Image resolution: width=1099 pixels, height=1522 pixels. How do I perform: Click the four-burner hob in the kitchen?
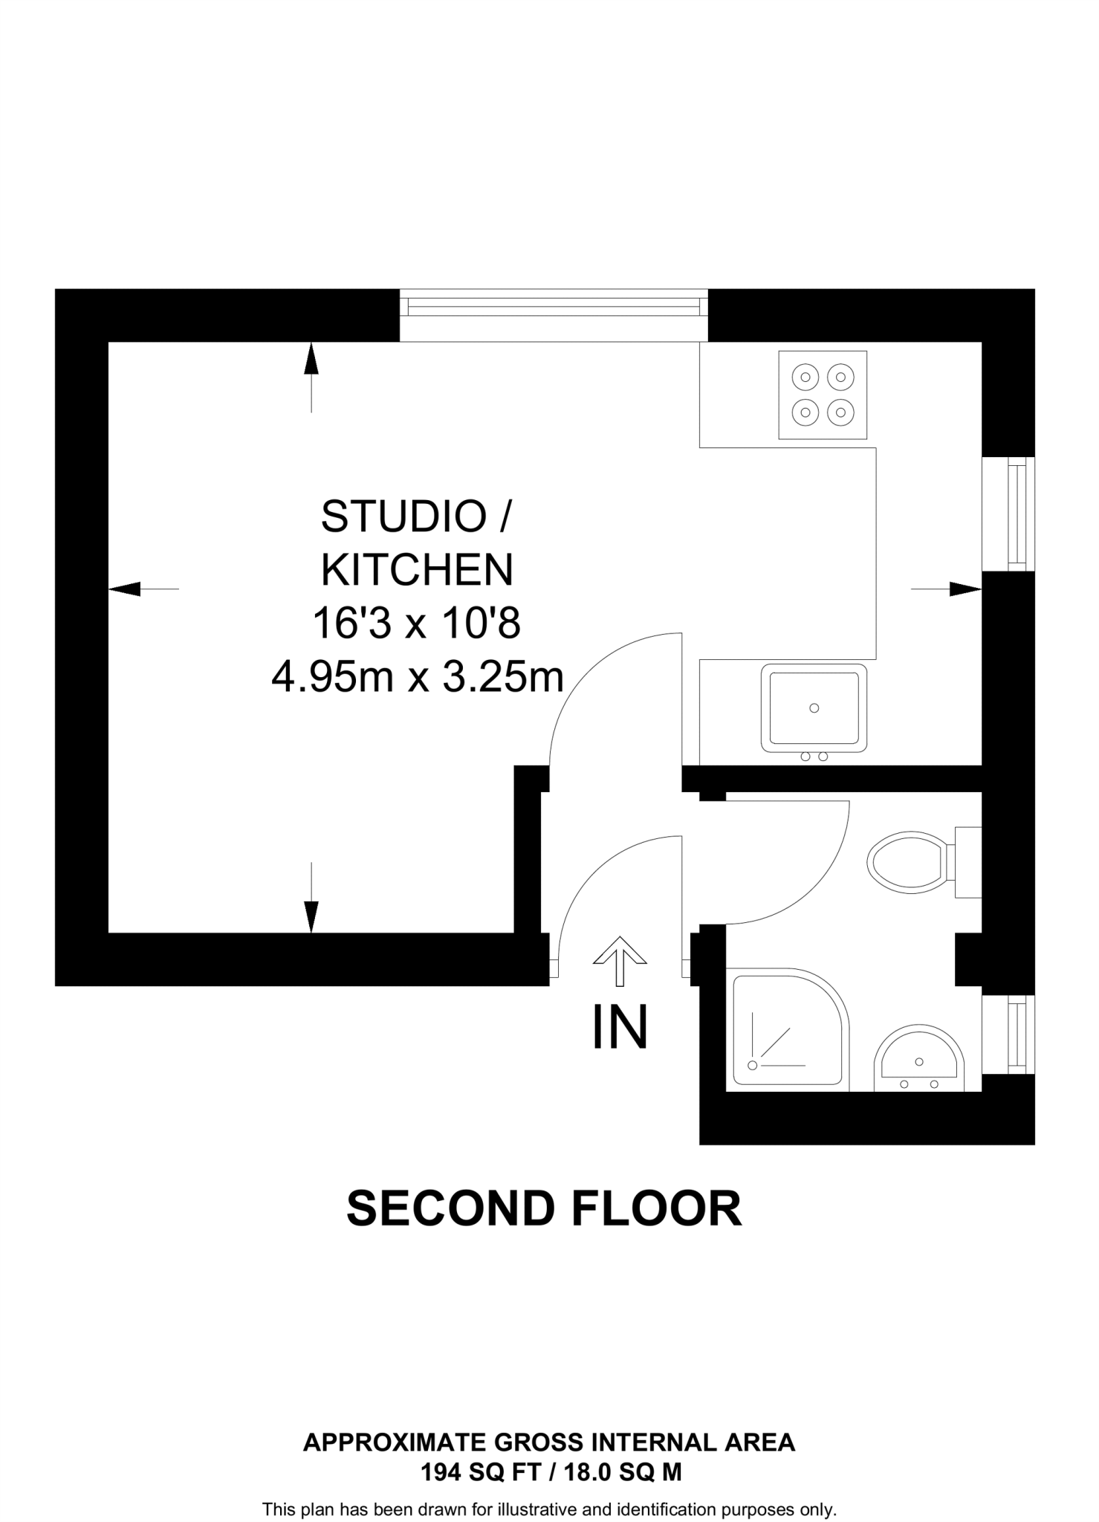pos(822,395)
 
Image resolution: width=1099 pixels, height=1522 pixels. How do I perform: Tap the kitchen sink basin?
pos(814,707)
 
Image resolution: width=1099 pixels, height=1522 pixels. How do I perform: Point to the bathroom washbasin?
pos(918,1060)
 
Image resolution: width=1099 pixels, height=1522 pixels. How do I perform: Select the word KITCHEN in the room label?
pos(417,570)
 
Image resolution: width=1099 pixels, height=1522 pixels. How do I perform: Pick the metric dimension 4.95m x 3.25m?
pos(417,677)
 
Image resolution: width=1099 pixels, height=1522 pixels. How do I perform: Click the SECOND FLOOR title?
pos(544,1210)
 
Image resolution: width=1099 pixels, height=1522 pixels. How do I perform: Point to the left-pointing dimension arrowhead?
pos(125,589)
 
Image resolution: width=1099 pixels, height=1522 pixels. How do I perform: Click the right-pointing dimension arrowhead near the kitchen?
pos(965,589)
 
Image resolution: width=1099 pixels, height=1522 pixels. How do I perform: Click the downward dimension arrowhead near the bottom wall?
pos(311,916)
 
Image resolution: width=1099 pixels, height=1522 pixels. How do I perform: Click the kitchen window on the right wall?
pos(1008,514)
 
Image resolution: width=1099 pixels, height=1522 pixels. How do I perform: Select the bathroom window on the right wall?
pos(1008,1034)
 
